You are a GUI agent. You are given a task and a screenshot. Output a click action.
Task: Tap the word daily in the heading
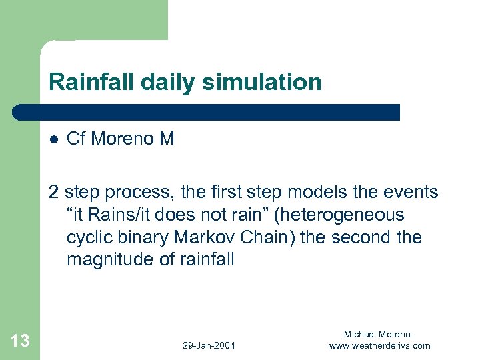click(165, 82)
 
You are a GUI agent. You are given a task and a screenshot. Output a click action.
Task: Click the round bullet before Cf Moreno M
click(53, 139)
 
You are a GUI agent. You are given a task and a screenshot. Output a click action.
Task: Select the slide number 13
click(20, 341)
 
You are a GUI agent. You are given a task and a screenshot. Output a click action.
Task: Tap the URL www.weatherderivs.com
click(379, 345)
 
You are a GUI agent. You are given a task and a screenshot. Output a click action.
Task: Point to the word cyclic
click(87, 237)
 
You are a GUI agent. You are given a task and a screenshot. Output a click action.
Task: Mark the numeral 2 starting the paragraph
click(53, 192)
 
